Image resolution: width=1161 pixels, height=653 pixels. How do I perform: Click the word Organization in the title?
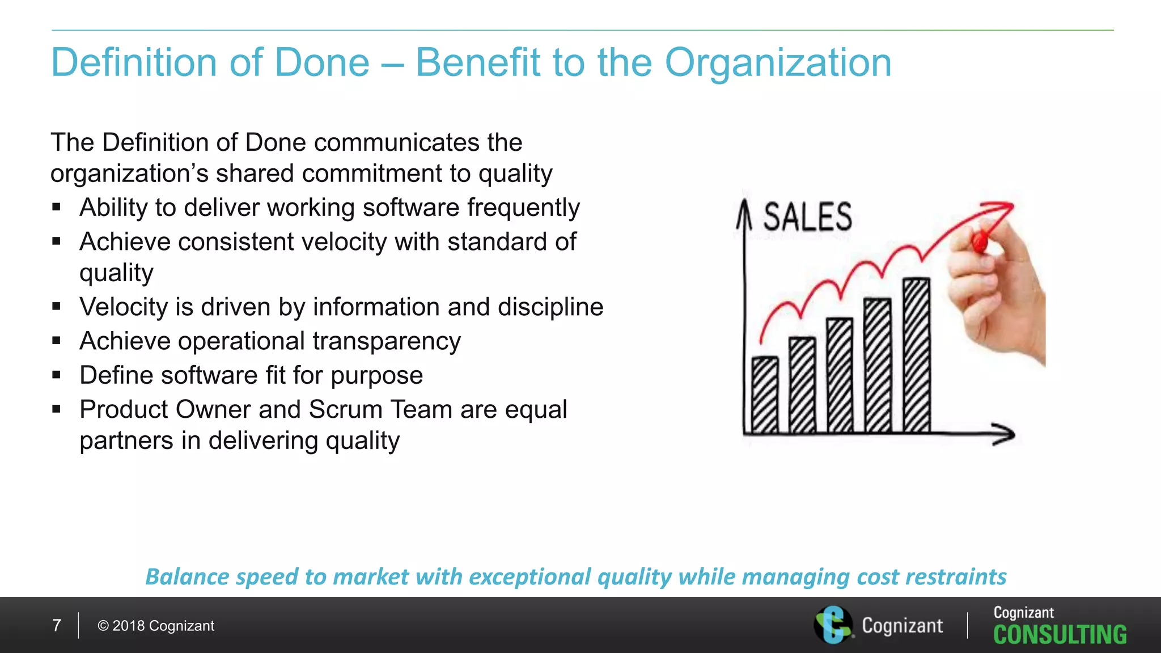pos(778,62)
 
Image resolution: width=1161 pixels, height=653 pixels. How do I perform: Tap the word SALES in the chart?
pos(807,217)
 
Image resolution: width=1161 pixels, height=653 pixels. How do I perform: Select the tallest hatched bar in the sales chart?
pos(916,355)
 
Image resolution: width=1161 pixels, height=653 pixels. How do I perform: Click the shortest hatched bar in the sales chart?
pos(765,395)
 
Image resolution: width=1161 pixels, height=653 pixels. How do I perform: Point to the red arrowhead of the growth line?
pos(1004,208)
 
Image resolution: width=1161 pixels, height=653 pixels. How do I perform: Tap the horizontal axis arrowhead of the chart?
pos(1005,434)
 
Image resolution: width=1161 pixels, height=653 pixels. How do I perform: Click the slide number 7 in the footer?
pos(57,626)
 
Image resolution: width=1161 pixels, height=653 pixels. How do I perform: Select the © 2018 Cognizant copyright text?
pos(156,626)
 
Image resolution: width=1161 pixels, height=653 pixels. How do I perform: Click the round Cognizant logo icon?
pos(833,625)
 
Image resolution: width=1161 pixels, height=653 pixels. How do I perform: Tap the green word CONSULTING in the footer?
pos(1060,635)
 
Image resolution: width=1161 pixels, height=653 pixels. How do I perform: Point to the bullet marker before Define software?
pos(56,375)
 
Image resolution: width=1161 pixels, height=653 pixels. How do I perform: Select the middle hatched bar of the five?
pos(840,375)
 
